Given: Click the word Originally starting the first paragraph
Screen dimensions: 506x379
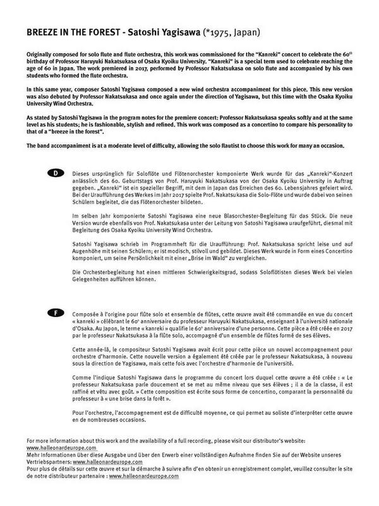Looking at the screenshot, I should [42, 56].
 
